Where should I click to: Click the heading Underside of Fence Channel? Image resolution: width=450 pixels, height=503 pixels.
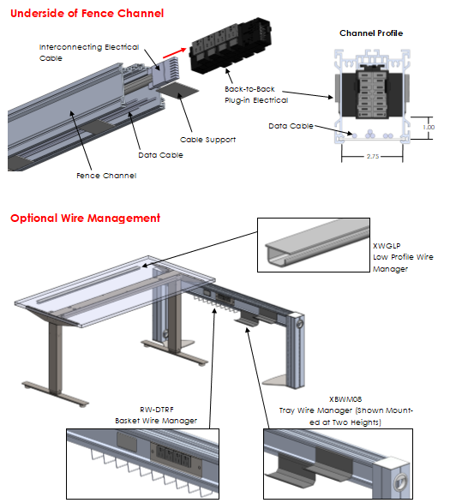[87, 13]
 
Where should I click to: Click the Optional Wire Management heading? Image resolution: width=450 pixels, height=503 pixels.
[85, 219]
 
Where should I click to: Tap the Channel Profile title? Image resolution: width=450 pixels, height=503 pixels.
[371, 33]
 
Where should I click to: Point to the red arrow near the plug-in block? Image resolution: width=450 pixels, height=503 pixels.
[175, 53]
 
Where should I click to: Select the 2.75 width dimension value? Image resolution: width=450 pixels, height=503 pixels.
[373, 156]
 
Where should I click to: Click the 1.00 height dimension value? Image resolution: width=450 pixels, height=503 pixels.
[429, 127]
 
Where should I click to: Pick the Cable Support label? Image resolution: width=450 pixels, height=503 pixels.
[207, 140]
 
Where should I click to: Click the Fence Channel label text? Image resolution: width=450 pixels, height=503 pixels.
[106, 176]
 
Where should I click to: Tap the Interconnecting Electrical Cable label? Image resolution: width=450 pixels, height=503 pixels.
[89, 52]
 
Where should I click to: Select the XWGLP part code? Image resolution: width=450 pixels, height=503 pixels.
[387, 246]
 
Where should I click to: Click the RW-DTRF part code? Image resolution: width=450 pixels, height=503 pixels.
[157, 410]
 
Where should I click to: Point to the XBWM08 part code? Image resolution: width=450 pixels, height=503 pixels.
[345, 399]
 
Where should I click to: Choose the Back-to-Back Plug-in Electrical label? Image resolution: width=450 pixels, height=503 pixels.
[256, 94]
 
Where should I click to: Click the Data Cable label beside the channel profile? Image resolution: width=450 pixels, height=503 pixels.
[291, 126]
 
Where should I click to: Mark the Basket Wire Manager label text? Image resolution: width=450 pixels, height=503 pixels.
[156, 421]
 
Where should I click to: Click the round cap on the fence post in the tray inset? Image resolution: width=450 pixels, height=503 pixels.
[400, 482]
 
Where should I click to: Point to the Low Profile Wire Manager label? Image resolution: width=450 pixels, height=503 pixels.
[403, 263]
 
